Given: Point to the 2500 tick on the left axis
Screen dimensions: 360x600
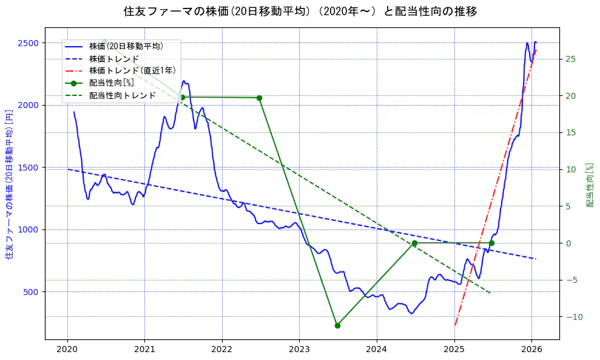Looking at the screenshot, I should point(29,43).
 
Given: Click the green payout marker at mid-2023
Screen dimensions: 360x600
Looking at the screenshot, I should point(337,325).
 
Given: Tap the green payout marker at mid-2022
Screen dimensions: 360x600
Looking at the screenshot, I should point(259,98).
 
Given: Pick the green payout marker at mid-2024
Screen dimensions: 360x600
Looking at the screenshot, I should point(414,243).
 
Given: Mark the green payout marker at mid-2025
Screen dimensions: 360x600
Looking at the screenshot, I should point(491,243).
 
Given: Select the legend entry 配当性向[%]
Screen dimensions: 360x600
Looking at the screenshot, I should point(112,83).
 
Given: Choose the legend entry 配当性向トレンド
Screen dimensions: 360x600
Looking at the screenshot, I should point(122,95).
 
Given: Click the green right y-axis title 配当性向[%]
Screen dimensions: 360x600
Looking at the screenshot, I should point(590,185).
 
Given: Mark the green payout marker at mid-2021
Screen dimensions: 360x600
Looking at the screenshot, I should point(182,97).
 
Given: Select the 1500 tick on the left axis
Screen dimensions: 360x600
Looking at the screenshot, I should point(29,168).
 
